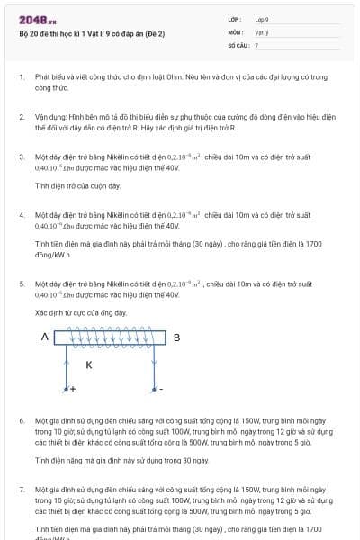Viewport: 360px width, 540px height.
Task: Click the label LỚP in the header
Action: coord(235,19)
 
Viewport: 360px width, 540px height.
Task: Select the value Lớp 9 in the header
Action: coord(262,19)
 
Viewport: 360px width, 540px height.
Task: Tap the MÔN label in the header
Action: coord(235,31)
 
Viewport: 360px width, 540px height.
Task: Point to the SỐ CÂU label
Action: coord(237,44)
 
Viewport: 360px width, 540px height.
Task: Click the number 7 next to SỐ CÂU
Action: coord(256,44)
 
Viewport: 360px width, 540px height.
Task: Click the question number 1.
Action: coord(21,77)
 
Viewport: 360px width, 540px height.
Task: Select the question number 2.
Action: coord(21,117)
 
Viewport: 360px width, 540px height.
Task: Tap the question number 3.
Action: coord(21,157)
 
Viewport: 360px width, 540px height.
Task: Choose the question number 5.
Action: coord(21,283)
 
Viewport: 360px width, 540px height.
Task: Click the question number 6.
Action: coord(21,420)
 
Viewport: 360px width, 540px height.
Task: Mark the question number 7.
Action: coord(21,489)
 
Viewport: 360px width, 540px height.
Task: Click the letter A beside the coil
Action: coord(44,337)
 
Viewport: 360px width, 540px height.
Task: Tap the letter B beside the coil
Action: coord(176,337)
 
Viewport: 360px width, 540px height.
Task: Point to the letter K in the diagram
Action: coord(88,364)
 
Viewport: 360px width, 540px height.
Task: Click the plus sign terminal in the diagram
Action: coord(72,389)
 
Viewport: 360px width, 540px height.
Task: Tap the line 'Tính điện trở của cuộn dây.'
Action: coord(77,186)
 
